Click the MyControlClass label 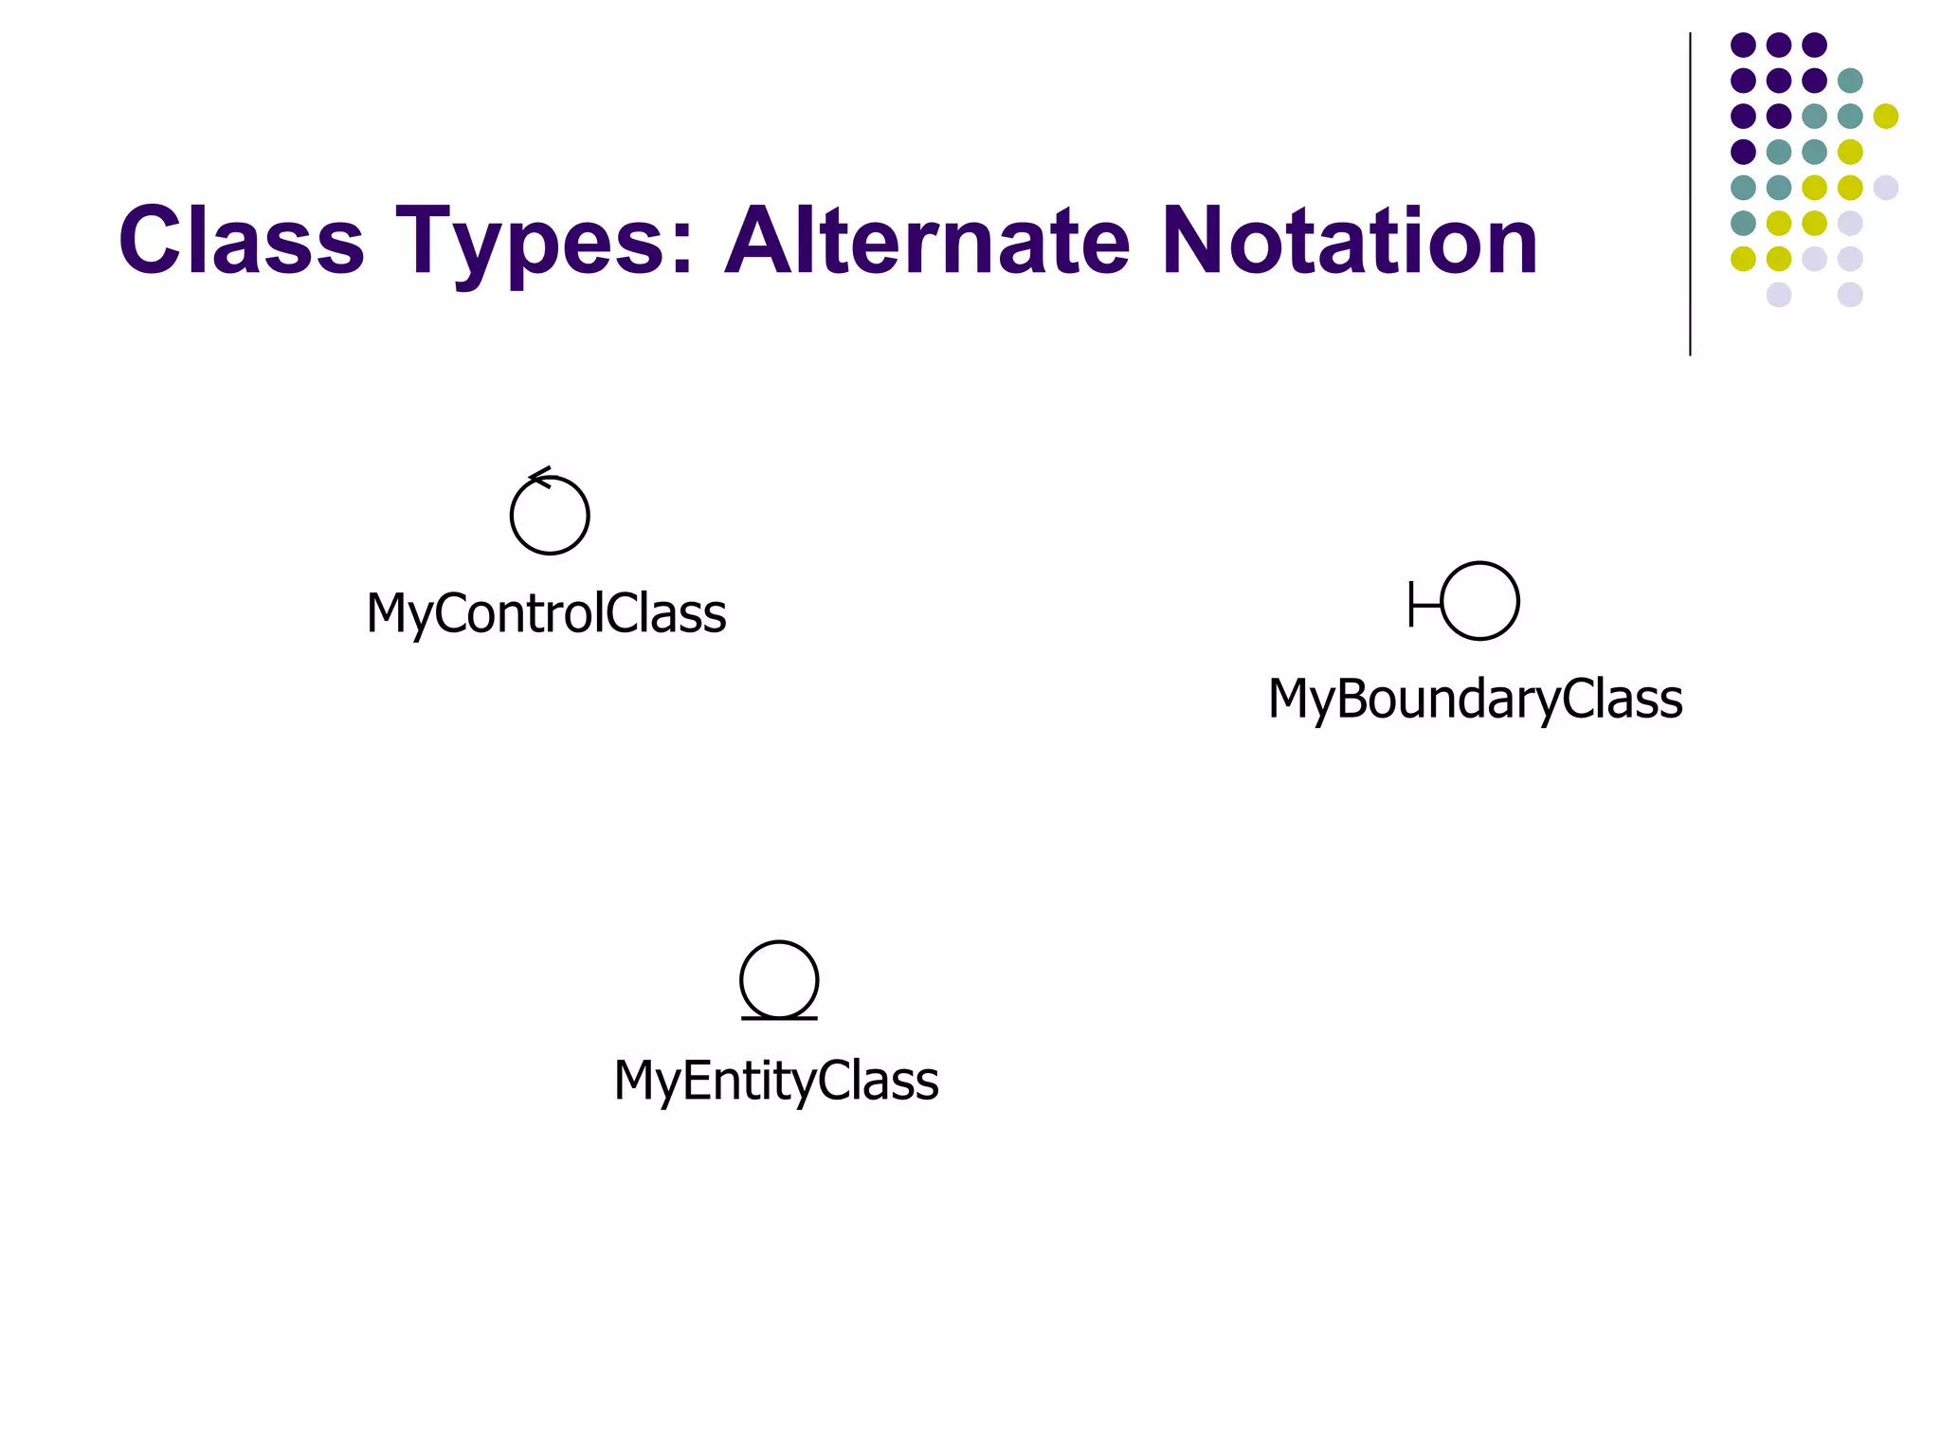(546, 613)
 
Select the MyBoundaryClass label (1475, 700)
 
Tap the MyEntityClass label (776, 1081)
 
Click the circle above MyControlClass (550, 515)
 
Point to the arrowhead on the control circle (538, 476)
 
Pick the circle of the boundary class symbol (1479, 601)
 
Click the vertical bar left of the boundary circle (1411, 604)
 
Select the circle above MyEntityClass (779, 978)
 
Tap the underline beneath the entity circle (779, 1018)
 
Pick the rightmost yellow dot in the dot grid (1885, 117)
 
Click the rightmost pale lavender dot (1885, 188)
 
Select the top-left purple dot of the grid (1743, 45)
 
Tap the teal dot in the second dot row (1850, 81)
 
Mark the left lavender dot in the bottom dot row (1779, 295)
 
